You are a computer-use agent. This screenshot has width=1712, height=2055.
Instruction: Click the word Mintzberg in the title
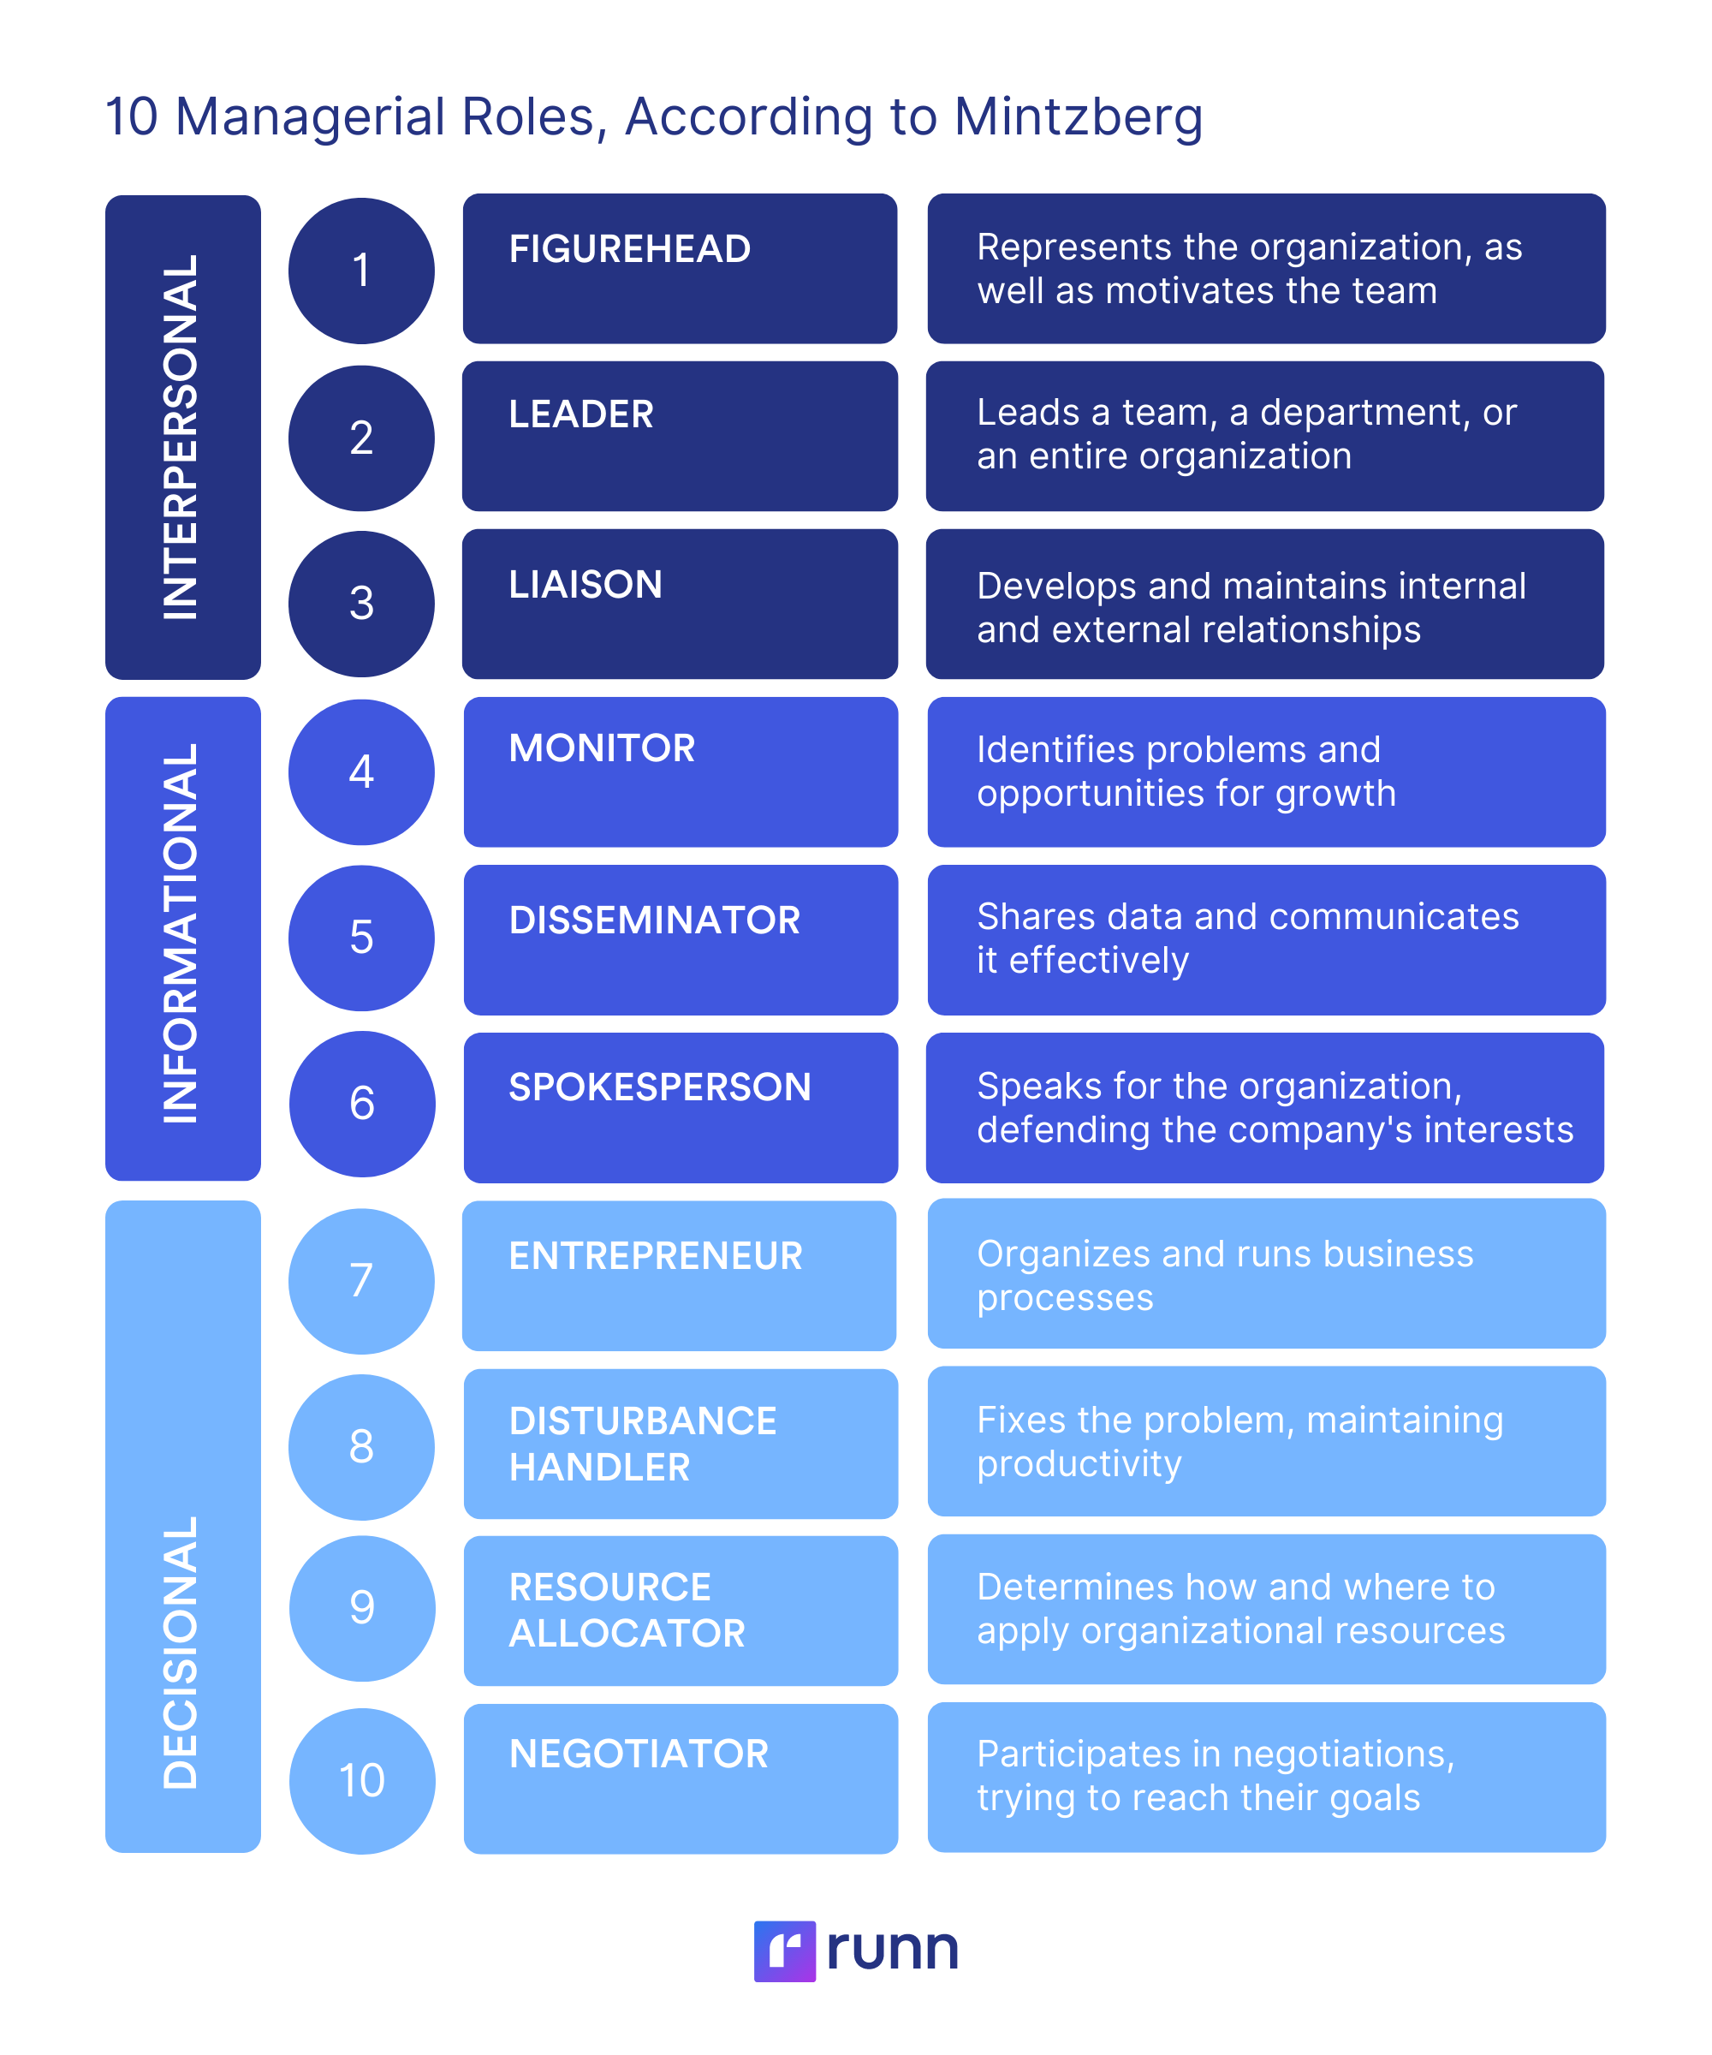tap(1077, 117)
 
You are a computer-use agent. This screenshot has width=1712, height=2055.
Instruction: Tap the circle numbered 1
tap(361, 271)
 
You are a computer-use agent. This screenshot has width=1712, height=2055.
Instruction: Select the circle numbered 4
tap(361, 772)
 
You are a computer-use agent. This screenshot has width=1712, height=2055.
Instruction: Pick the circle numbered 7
tap(361, 1281)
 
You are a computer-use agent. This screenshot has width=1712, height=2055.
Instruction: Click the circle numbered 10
tap(362, 1781)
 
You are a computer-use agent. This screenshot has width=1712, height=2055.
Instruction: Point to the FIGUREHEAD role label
tap(629, 249)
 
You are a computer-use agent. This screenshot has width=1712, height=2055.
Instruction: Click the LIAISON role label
tap(585, 585)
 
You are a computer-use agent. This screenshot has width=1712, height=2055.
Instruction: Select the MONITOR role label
tap(602, 748)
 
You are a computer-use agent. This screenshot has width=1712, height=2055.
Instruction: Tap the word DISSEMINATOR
tap(655, 920)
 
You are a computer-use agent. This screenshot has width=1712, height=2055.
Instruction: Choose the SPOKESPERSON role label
tap(659, 1088)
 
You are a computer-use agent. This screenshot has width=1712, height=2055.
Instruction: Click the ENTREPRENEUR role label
tap(656, 1256)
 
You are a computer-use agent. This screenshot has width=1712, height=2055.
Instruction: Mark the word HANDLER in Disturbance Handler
tap(600, 1468)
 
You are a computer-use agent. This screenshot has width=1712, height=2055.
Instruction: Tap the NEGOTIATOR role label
tap(639, 1754)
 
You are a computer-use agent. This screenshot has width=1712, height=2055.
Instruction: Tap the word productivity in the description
tap(1079, 1464)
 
